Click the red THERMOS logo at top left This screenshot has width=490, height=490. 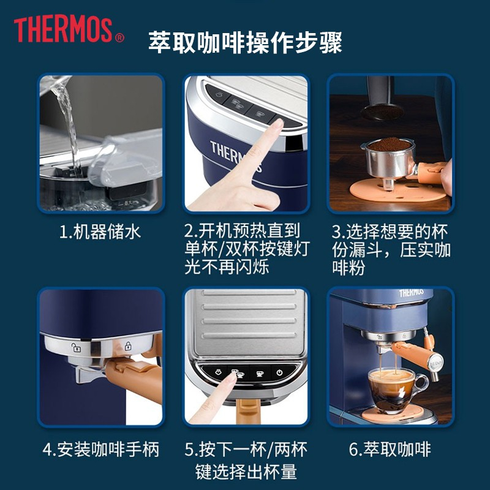pyautogui.click(x=63, y=29)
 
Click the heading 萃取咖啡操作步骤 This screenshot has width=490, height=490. pyautogui.click(x=245, y=42)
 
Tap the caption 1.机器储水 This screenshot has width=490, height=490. pyautogui.click(x=100, y=232)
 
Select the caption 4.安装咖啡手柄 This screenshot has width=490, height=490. pyautogui.click(x=100, y=450)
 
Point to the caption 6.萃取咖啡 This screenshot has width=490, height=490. pyautogui.click(x=390, y=450)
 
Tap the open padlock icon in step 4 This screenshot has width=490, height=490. pyautogui.click(x=76, y=347)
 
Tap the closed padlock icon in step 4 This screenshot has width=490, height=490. pyautogui.click(x=128, y=346)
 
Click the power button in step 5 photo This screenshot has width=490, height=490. pyautogui.click(x=279, y=372)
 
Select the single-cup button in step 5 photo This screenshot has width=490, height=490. pyautogui.click(x=260, y=373)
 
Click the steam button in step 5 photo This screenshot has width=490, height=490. pyautogui.click(x=219, y=372)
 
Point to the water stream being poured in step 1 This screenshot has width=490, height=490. pyautogui.click(x=68, y=125)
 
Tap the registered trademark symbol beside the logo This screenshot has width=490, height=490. pyautogui.click(x=119, y=38)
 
